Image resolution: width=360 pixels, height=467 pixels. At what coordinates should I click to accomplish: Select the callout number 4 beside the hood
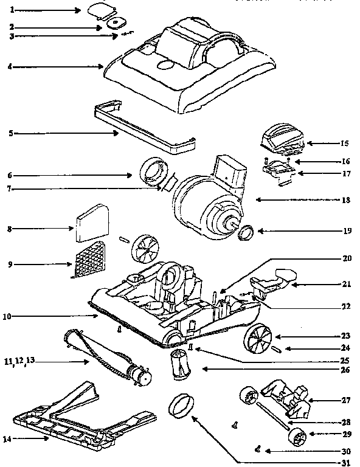coord(10,66)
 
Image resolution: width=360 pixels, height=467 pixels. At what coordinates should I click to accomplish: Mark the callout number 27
coord(344,401)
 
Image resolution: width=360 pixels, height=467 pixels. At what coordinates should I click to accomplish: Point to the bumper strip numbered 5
coord(143,126)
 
